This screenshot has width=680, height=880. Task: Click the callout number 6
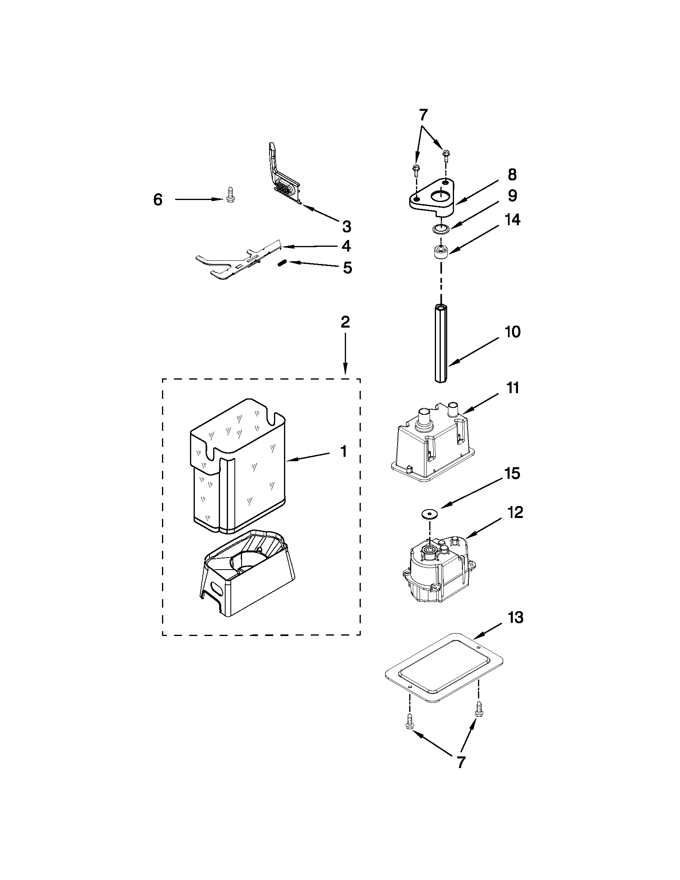pyautogui.click(x=158, y=200)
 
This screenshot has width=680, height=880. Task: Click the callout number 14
pyautogui.click(x=512, y=220)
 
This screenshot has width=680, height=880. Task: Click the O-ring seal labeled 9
pyautogui.click(x=440, y=229)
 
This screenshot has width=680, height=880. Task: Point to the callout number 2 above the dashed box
pyautogui.click(x=345, y=322)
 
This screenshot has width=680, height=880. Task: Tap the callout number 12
pyautogui.click(x=515, y=512)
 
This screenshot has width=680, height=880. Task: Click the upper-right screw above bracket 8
pyautogui.click(x=446, y=154)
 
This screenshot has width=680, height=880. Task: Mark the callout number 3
pyautogui.click(x=346, y=226)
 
